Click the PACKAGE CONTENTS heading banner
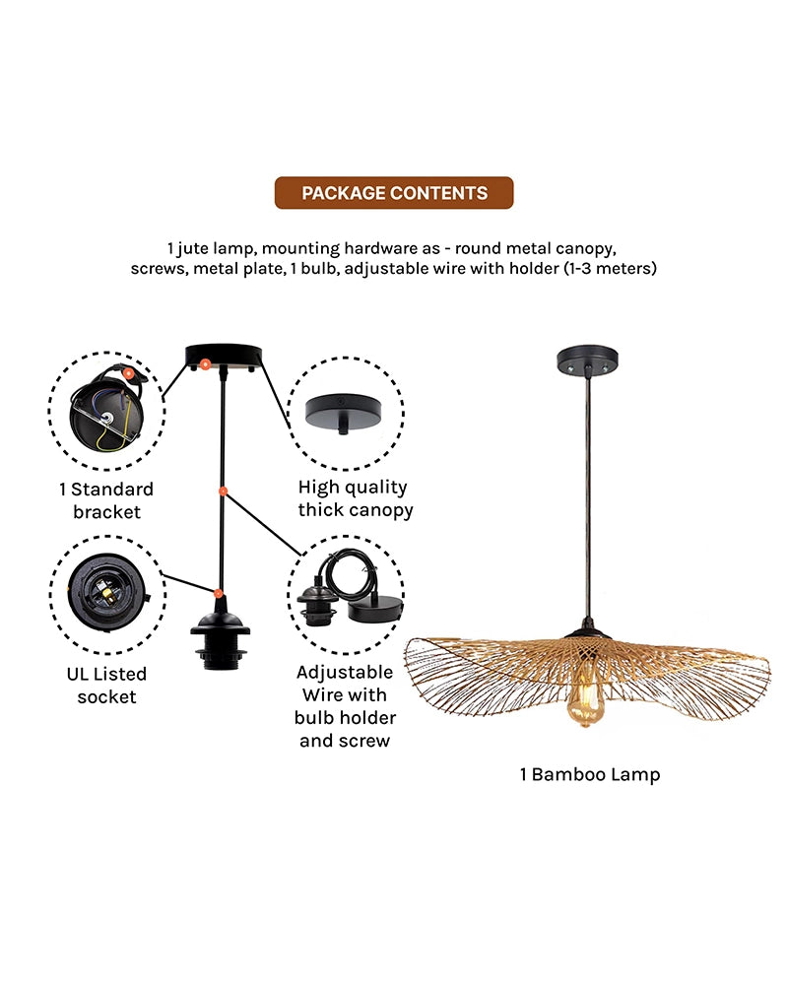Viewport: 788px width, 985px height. [x=394, y=193]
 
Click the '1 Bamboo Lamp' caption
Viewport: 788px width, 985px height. [x=590, y=774]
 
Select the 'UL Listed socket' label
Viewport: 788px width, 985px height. [x=100, y=686]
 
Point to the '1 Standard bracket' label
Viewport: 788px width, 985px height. [x=106, y=500]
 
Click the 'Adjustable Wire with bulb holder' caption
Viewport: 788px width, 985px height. [x=345, y=706]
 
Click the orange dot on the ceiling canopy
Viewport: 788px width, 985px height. [x=205, y=364]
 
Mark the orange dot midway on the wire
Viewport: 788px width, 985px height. [x=224, y=490]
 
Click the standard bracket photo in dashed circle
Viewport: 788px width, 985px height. [x=105, y=410]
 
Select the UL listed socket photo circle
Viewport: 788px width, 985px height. [x=105, y=594]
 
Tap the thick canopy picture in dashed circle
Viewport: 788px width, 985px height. [x=346, y=412]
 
